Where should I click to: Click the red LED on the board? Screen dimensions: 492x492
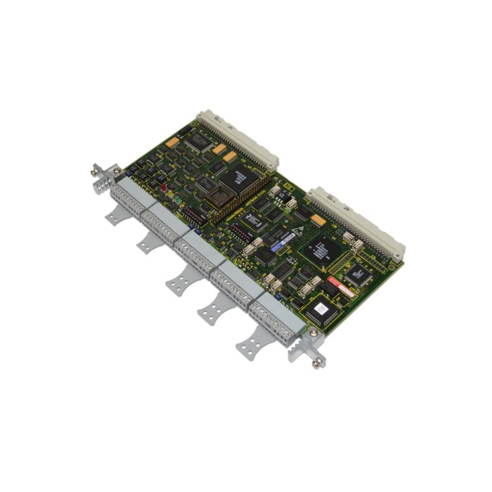click(x=163, y=188)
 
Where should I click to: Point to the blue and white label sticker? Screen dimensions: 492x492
click(x=284, y=242)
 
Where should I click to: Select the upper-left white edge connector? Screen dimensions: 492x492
click(x=238, y=138)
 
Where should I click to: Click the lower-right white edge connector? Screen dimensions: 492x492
click(x=358, y=219)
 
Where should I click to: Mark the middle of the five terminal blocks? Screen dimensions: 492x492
click(x=199, y=249)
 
